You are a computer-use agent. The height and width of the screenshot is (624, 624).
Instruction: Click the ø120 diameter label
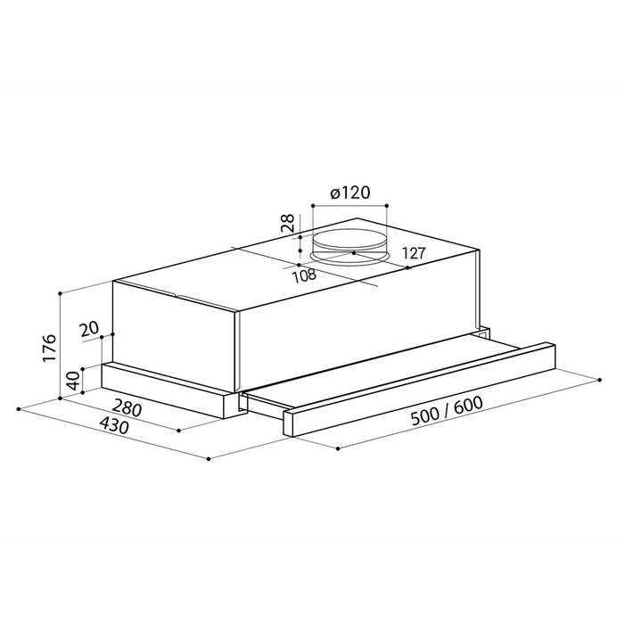coord(350,193)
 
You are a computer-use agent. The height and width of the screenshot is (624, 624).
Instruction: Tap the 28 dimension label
coord(287,223)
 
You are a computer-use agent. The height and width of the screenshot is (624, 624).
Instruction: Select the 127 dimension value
coord(414,253)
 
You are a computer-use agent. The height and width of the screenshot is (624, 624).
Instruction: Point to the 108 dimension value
coord(305,275)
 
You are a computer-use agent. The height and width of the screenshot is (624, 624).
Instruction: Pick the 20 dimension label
coord(89,330)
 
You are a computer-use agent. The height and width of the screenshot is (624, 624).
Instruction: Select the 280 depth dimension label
coord(127,408)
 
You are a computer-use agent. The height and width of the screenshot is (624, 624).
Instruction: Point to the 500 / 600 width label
coord(447,411)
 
